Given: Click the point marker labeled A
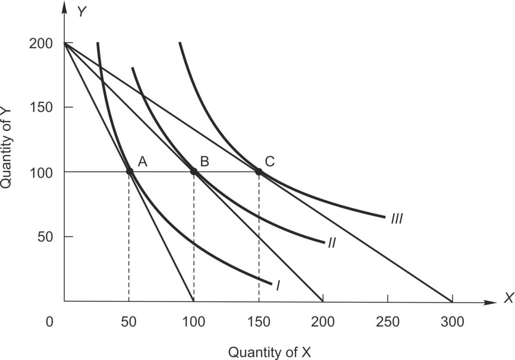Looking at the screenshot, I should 129,172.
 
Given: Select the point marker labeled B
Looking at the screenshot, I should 194,172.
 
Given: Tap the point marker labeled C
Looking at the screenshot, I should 259,172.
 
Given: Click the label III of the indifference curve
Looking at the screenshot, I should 397,219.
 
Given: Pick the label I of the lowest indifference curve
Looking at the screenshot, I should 278,286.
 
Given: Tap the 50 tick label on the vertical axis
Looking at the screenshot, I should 45,236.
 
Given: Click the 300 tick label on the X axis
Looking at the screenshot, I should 452,322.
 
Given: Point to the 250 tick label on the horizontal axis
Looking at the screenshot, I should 388,322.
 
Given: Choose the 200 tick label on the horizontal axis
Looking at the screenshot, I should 323,322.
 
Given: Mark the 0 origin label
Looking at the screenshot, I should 51,322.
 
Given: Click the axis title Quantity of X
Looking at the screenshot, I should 270,352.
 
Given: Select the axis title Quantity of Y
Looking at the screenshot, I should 7,147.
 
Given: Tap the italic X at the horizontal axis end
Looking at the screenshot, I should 508,299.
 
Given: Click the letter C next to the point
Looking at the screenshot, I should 270,162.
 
